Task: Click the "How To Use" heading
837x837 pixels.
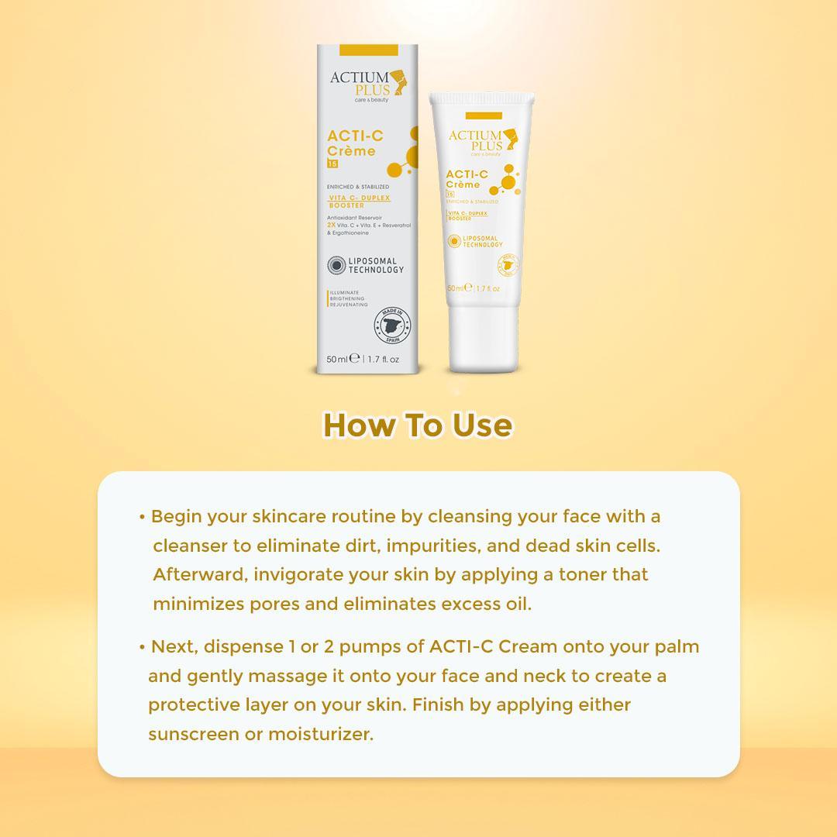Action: click(x=418, y=425)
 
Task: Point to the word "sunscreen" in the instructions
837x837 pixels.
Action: click(x=194, y=734)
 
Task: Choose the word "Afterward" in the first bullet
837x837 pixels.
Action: click(x=198, y=574)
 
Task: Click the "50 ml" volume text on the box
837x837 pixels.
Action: click(x=338, y=359)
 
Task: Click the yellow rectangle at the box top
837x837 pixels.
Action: click(x=369, y=50)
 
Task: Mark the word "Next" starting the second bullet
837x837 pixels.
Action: click(x=173, y=646)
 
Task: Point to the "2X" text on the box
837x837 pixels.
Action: click(x=332, y=224)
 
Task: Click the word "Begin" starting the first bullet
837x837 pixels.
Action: click(x=176, y=516)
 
